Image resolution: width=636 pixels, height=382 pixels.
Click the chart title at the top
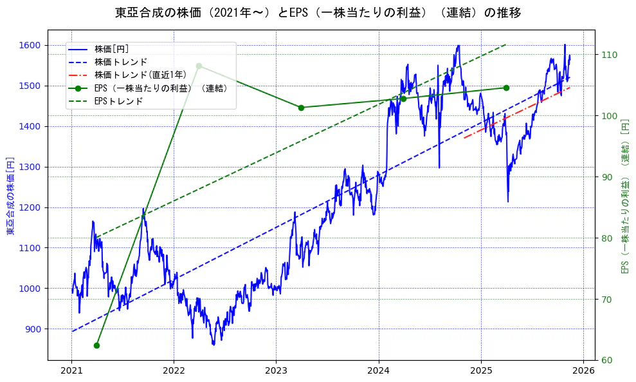tap(318, 13)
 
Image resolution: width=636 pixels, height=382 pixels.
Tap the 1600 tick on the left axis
tap(32, 45)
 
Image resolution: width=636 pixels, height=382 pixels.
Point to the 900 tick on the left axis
tap(34, 329)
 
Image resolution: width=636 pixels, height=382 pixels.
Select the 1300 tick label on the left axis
tap(32, 167)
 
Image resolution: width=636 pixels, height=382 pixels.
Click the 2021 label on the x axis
tap(71, 371)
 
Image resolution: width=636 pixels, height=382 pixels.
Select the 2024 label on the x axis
tap(379, 371)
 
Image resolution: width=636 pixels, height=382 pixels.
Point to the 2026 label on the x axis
tap(583, 371)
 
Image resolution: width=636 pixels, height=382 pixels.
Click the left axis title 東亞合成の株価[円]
tap(10, 195)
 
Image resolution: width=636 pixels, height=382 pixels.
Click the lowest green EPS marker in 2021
tap(96, 345)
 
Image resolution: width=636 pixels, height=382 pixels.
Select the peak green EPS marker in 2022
tap(199, 66)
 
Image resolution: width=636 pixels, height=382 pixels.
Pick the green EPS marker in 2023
tap(301, 108)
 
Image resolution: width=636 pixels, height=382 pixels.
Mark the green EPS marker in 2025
tap(506, 88)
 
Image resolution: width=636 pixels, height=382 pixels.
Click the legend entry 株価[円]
tap(112, 49)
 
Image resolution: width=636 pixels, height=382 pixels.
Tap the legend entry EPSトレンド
tap(118, 101)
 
